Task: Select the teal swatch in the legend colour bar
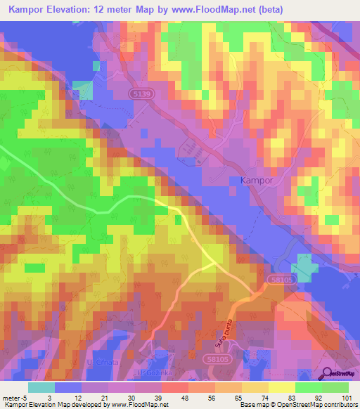pyautogui.click(x=41, y=387)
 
